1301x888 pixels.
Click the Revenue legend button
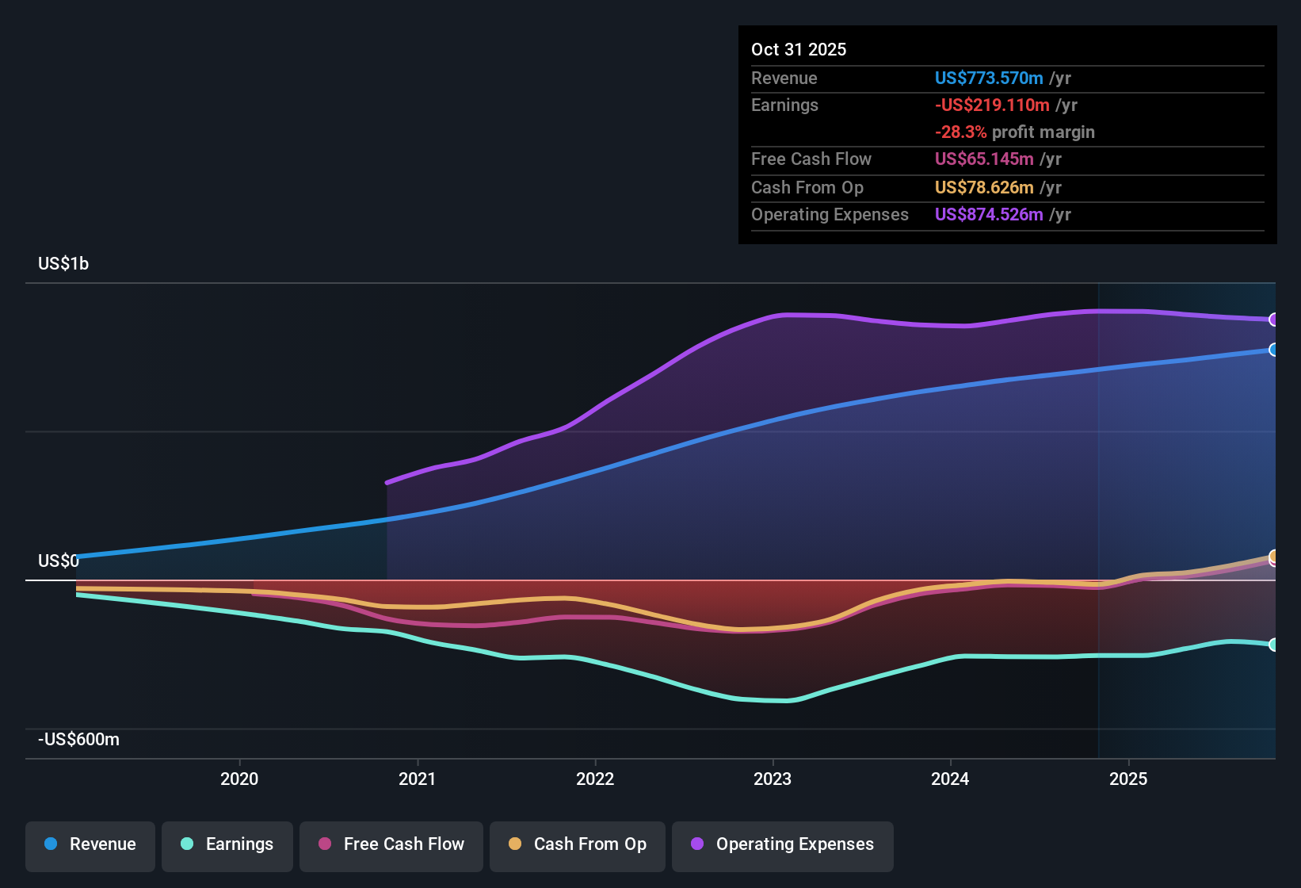click(x=90, y=844)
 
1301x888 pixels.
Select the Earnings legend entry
click(x=227, y=844)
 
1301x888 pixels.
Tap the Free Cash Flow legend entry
click(x=391, y=844)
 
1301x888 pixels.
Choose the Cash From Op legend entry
click(x=578, y=844)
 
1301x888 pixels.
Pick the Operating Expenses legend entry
click(x=783, y=844)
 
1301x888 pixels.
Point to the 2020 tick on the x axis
click(x=239, y=779)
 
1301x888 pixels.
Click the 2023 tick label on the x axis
click(x=773, y=779)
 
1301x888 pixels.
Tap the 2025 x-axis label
click(x=1128, y=779)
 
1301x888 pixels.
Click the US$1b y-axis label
click(x=63, y=263)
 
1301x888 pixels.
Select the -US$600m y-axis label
click(x=78, y=739)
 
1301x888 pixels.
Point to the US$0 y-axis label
click(x=59, y=561)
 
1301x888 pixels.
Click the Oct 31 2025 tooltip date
click(x=799, y=49)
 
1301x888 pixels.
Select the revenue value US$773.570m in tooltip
click(x=989, y=78)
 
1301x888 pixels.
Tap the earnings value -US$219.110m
click(x=992, y=105)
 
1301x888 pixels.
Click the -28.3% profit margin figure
click(x=960, y=132)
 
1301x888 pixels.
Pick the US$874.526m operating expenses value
click(x=989, y=214)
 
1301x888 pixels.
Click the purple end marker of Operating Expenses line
click(x=1273, y=320)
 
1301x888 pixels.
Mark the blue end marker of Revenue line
click(x=1273, y=350)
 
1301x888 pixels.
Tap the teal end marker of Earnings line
click(x=1273, y=645)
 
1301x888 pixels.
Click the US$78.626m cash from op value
click(x=984, y=187)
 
